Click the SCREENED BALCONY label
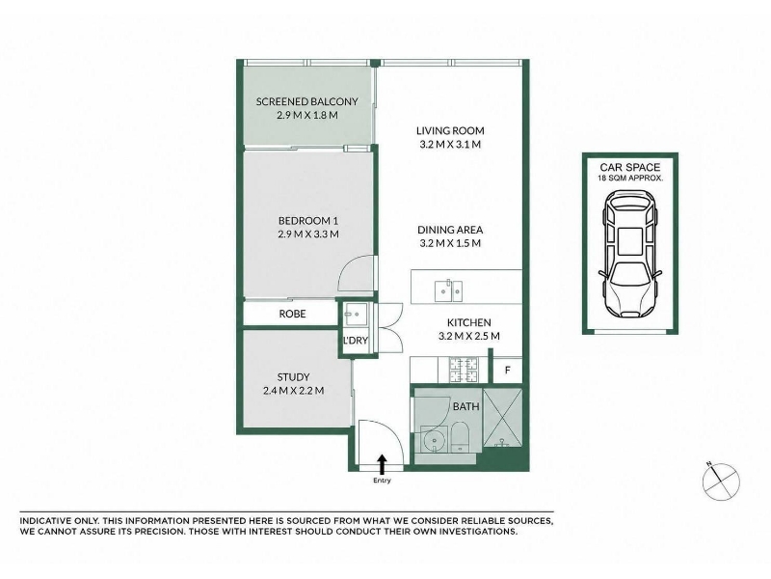click(x=306, y=101)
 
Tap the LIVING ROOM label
click(x=450, y=130)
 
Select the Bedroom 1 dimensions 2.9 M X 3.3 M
click(x=308, y=234)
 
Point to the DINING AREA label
click(x=450, y=230)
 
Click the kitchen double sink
click(x=448, y=290)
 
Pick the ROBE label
click(x=293, y=314)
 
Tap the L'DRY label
click(x=356, y=341)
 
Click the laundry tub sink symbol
click(x=355, y=315)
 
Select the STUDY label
click(x=294, y=377)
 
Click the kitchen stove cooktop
click(x=463, y=370)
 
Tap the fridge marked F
click(x=508, y=370)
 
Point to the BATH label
click(x=466, y=406)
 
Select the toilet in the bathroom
click(x=461, y=436)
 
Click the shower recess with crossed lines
click(x=502, y=418)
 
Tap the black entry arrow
click(x=382, y=464)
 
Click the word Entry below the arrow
click(x=382, y=481)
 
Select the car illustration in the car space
click(x=630, y=254)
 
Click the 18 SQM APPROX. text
click(x=630, y=179)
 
